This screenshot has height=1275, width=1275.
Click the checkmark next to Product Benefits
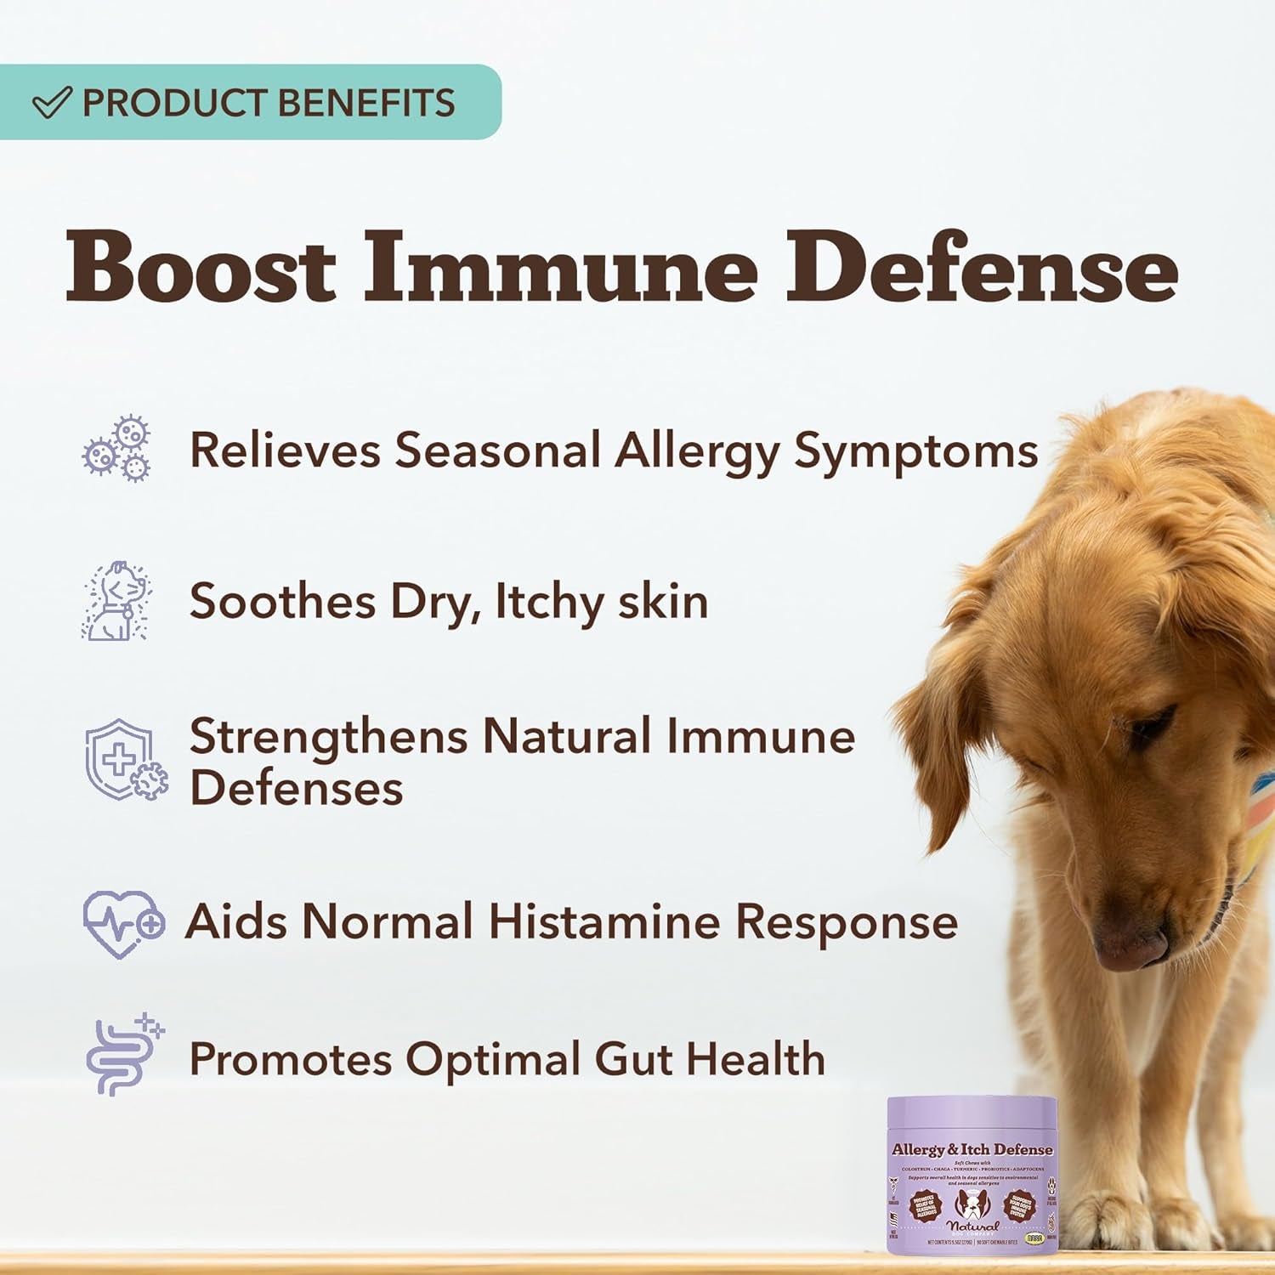pos(51,103)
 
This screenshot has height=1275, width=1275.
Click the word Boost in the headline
pos(201,268)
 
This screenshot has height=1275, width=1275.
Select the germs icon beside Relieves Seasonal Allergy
pos(116,449)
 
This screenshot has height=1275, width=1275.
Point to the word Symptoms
pos(915,450)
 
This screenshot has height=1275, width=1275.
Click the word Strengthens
pos(328,736)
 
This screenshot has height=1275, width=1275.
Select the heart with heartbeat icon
pos(123,924)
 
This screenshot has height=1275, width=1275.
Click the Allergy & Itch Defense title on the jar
pos(972,1150)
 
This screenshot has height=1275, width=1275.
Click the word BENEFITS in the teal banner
pos(367,103)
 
